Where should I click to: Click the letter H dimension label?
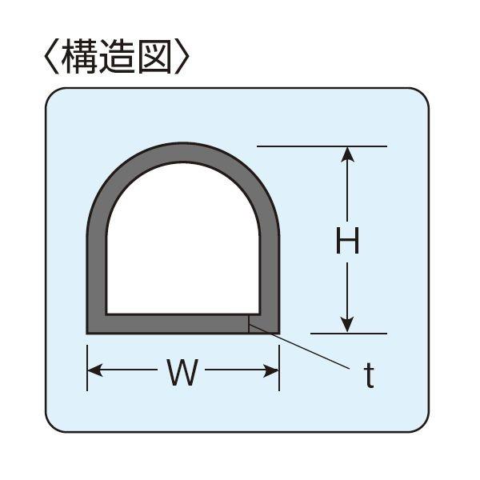pyautogui.click(x=346, y=240)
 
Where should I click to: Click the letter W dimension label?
pyautogui.click(x=182, y=373)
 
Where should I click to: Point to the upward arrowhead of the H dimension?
pyautogui.click(x=346, y=154)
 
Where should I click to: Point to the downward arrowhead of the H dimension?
pyautogui.click(x=346, y=324)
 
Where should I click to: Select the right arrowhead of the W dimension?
pyautogui.click(x=272, y=370)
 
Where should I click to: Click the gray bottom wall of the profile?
pyautogui.click(x=168, y=324)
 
